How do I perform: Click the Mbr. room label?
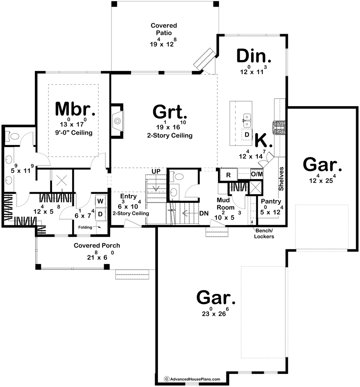click(x=75, y=109)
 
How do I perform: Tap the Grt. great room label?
click(x=170, y=112)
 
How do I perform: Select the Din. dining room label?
click(x=254, y=56)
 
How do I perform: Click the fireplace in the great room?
click(x=117, y=121)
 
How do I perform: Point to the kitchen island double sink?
click(x=247, y=121)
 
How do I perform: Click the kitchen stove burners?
click(x=279, y=127)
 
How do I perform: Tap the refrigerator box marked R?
click(x=229, y=175)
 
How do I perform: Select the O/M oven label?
click(x=257, y=174)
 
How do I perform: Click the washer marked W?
click(x=100, y=201)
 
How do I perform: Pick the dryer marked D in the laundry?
click(x=100, y=214)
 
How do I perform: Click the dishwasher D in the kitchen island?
click(x=246, y=135)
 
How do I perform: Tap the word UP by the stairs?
click(x=156, y=171)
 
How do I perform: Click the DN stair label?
click(x=204, y=213)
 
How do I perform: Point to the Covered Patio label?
click(x=164, y=29)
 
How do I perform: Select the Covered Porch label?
click(x=97, y=245)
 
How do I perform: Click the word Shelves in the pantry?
click(x=281, y=179)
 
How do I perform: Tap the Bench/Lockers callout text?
click(x=264, y=234)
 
